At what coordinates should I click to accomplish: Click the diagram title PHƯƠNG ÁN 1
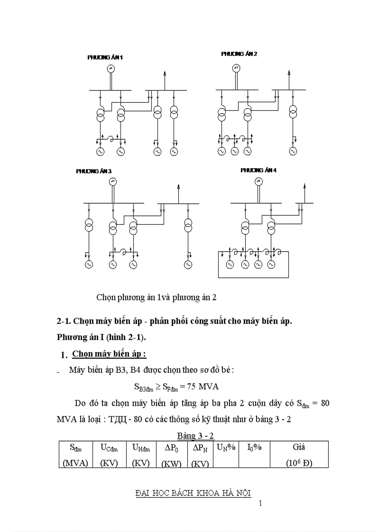pos(105,57)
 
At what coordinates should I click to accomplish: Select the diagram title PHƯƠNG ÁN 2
pos(239,54)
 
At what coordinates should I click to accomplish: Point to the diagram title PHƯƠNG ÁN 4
pos(258,170)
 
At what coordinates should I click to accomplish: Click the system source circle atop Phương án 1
pos(111,69)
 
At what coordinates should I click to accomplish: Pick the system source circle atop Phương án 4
pos(258,181)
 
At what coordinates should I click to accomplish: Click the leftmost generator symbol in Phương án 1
pos(101,152)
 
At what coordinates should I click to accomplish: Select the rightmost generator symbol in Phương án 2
pos(293,151)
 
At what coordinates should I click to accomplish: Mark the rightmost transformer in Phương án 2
pos(293,113)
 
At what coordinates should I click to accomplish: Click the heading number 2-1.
pos(63,321)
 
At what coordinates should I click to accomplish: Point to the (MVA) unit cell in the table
pos(75,463)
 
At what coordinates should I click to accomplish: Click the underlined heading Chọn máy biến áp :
pos(109,354)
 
